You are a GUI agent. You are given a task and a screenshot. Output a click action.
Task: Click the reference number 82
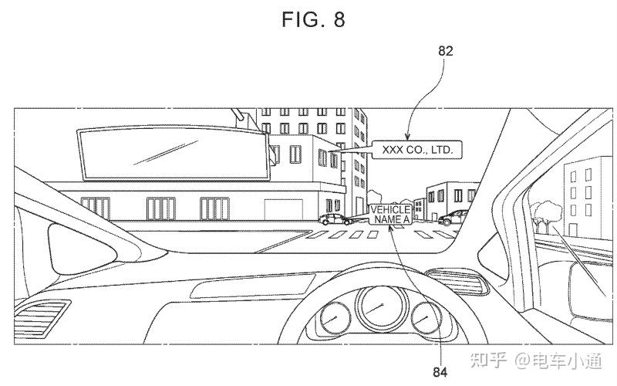pos(445,52)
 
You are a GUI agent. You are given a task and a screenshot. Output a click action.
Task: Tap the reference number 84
pos(440,372)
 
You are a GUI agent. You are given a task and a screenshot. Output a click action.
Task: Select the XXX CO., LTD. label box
pos(416,150)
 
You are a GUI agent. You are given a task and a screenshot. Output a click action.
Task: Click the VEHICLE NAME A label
pos(389,215)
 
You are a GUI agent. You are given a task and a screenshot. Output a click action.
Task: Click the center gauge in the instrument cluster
pos(377,306)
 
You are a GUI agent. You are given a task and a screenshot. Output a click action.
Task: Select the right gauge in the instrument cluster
pos(423,317)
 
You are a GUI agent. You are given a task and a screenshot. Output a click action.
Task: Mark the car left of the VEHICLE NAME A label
pos(335,219)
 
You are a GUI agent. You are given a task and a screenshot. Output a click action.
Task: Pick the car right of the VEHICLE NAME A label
pos(453,218)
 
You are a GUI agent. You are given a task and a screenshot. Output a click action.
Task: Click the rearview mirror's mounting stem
pos(245,120)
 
